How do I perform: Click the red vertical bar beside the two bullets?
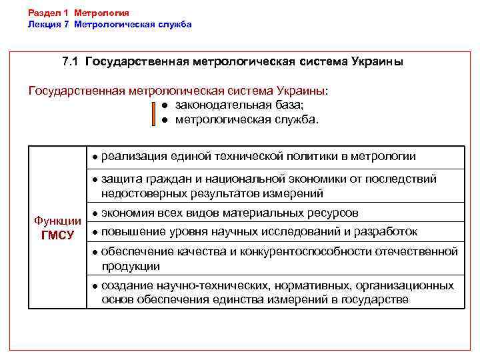(153, 113)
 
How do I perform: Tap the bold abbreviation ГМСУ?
(57, 235)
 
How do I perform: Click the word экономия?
(129, 213)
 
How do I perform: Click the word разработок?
(385, 232)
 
